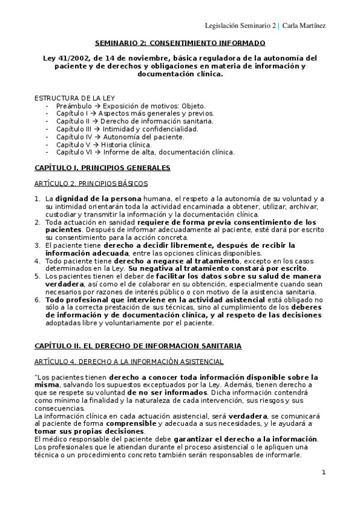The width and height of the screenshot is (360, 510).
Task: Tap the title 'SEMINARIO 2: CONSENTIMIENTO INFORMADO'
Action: (180, 43)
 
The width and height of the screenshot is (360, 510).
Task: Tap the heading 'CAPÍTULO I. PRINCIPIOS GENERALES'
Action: (102, 167)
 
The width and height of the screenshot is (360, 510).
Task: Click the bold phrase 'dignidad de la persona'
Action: (99, 198)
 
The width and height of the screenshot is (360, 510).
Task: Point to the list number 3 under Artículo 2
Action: (37, 245)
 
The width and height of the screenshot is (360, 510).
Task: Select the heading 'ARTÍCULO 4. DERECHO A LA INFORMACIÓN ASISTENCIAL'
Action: (129, 361)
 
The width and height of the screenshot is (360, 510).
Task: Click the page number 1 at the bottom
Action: (323, 472)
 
